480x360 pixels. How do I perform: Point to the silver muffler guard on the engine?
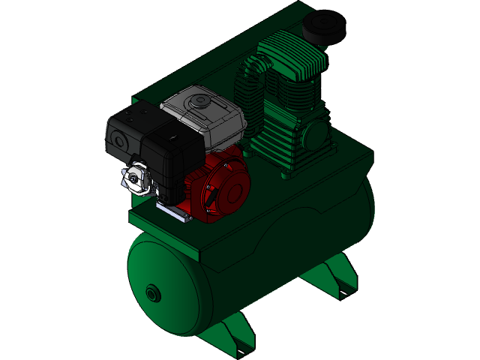(135, 177)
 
